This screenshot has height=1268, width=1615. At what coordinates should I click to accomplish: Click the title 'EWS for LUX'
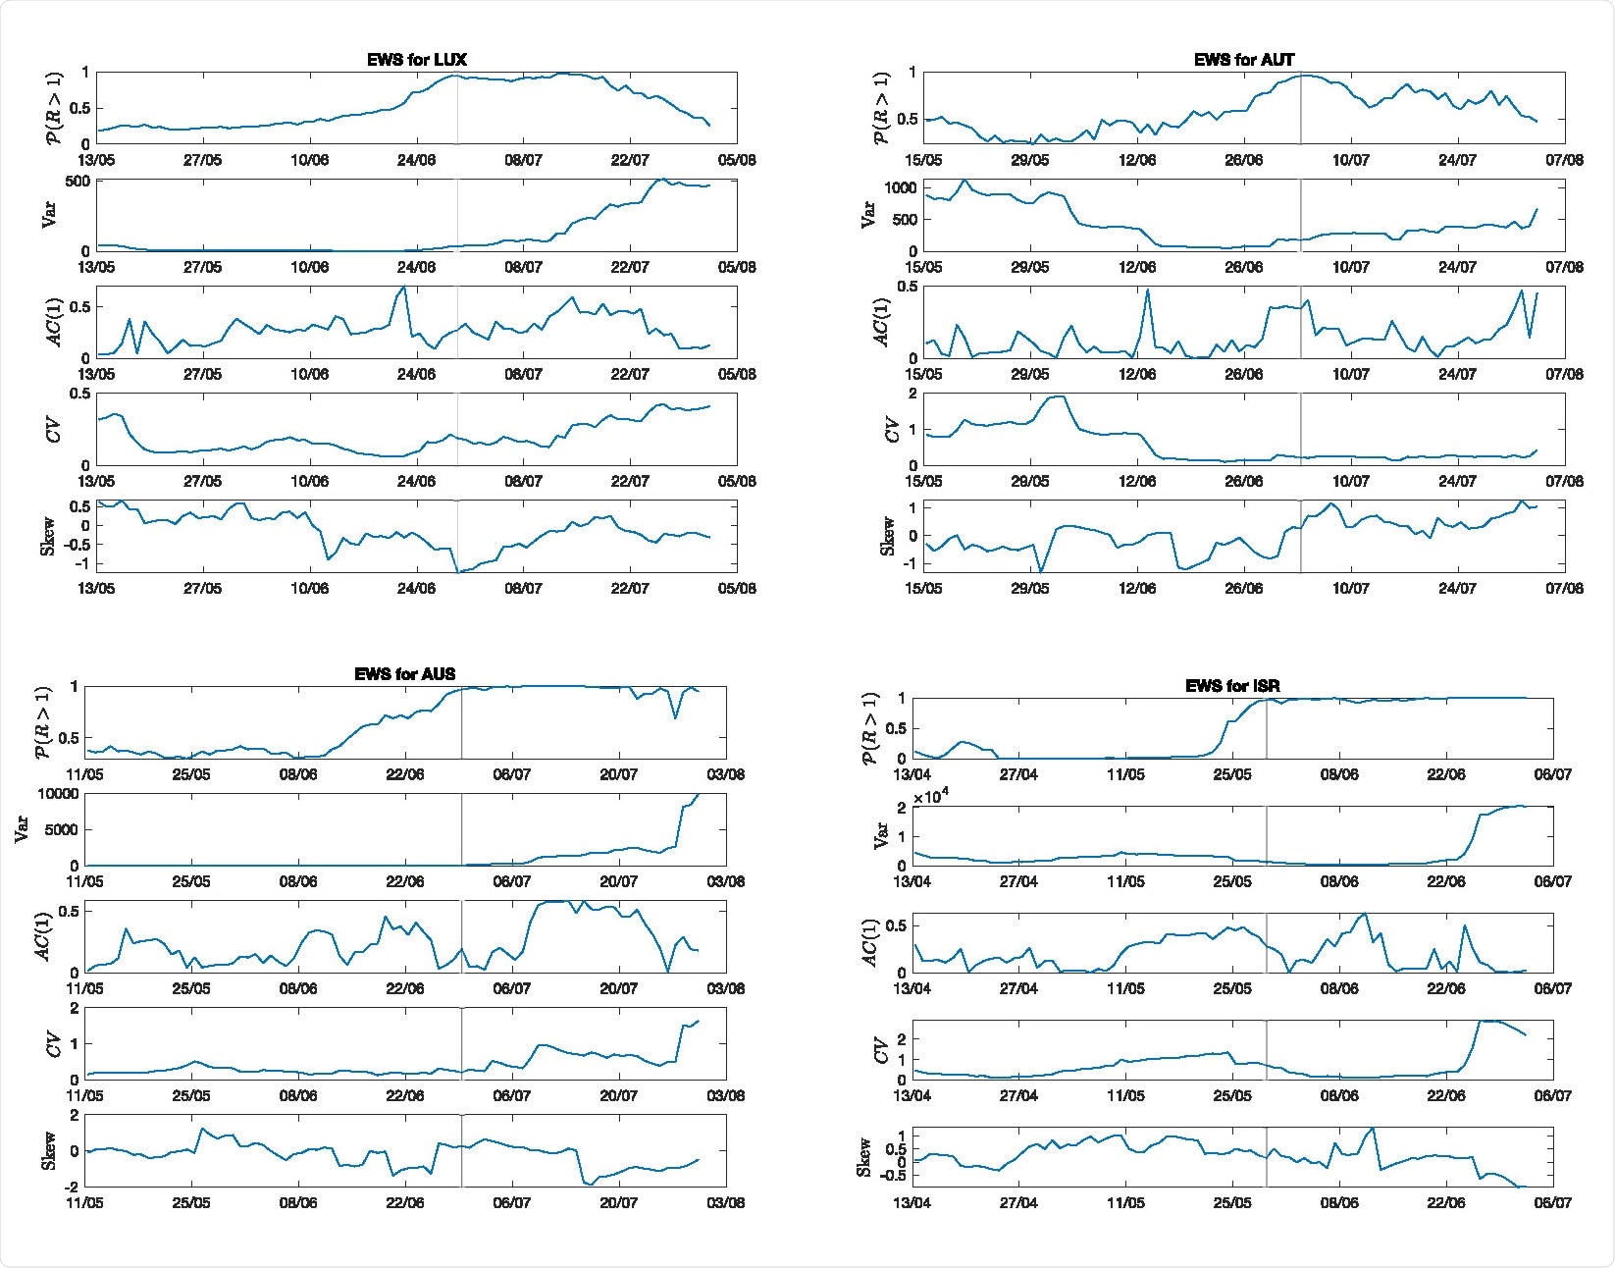pyautogui.click(x=417, y=60)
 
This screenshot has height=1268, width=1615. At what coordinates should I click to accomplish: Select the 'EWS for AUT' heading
pyautogui.click(x=1244, y=60)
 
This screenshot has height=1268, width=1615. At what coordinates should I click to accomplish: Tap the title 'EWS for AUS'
pyautogui.click(x=404, y=674)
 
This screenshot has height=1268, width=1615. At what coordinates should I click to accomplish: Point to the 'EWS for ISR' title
pyautogui.click(x=1232, y=686)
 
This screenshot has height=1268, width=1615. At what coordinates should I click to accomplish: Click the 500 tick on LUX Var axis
pyautogui.click(x=78, y=182)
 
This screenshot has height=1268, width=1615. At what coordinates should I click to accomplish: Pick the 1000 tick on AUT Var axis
pyautogui.click(x=900, y=187)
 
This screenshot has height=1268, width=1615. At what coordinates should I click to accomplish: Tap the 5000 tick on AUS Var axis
pyautogui.click(x=62, y=830)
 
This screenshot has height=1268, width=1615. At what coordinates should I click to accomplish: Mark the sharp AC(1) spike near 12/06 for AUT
pyautogui.click(x=1147, y=291)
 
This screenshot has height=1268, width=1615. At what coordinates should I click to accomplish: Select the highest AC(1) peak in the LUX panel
pyautogui.click(x=402, y=288)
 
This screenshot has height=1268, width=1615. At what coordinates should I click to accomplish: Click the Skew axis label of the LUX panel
pyautogui.click(x=48, y=536)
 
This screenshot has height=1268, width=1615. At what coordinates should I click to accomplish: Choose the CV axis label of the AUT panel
pyautogui.click(x=891, y=430)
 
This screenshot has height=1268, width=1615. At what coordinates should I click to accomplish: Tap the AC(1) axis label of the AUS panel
pyautogui.click(x=43, y=936)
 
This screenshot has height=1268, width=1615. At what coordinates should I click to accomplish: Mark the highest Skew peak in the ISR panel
pyautogui.click(x=1372, y=1129)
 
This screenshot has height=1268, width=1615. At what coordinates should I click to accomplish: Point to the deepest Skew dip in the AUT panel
pyautogui.click(x=1040, y=571)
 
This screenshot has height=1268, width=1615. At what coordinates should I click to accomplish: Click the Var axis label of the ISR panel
pyautogui.click(x=881, y=836)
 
